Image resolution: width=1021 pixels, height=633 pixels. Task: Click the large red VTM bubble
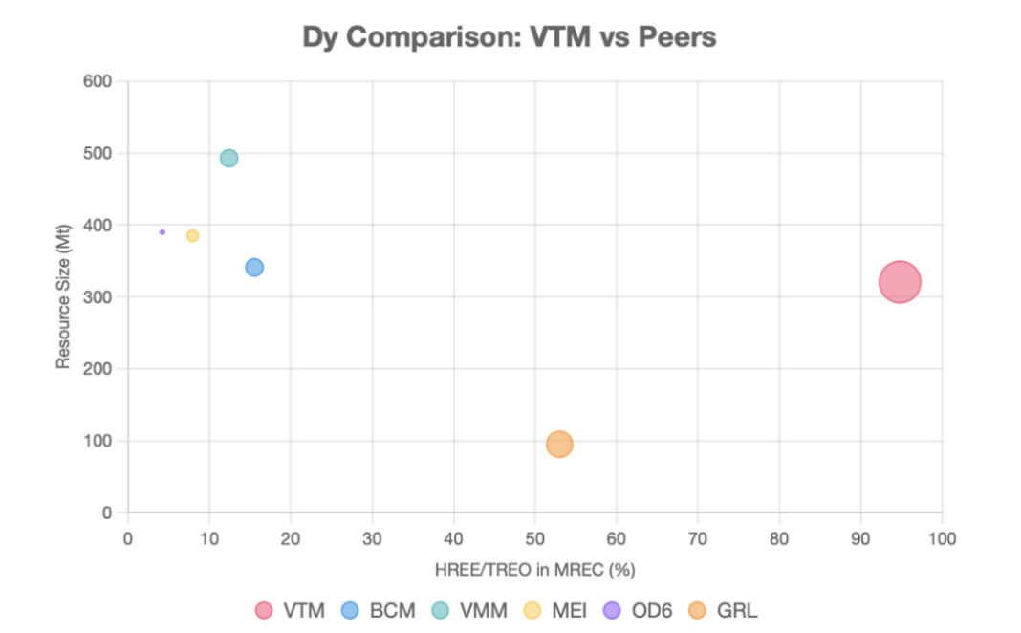tap(900, 281)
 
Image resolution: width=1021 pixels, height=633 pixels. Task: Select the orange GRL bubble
tap(559, 444)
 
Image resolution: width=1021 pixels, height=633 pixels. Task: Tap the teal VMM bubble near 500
tap(228, 158)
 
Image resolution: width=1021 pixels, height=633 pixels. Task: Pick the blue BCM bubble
tap(254, 267)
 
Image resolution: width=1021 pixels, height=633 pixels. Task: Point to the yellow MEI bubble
tap(192, 235)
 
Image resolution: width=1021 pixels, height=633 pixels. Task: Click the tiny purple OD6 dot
tap(163, 231)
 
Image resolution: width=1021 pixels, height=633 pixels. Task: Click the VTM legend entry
tap(291, 610)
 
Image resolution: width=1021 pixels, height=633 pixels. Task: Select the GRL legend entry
tap(723, 610)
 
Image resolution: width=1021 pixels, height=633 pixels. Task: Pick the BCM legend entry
tap(378, 610)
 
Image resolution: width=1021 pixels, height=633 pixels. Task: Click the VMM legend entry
tap(468, 610)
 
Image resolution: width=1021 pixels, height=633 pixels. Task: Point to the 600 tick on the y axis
tap(100, 81)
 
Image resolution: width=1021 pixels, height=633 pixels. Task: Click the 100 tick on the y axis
tap(100, 441)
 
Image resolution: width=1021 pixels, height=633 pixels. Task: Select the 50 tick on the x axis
tap(535, 537)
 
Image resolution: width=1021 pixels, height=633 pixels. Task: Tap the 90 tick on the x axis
tap(861, 537)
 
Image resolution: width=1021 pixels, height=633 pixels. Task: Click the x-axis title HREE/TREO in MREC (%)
tap(534, 570)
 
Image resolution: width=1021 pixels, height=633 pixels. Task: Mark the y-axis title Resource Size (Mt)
tap(64, 297)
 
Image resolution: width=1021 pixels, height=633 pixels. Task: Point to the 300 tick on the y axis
tap(100, 296)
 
